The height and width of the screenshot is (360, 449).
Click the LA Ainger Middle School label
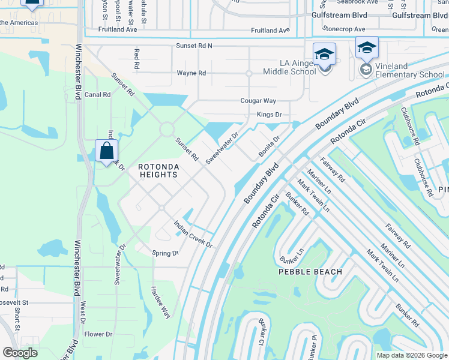289,67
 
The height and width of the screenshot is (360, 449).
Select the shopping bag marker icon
106,151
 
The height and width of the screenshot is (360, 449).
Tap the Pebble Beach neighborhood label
310,272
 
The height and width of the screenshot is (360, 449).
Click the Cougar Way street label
258,101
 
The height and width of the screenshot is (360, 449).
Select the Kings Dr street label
269,114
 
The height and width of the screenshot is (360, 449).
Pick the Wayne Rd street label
191,73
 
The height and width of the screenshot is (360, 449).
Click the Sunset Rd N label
194,46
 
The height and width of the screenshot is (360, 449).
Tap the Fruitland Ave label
270,30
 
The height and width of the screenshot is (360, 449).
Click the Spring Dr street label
165,253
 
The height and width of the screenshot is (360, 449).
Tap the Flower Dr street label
98,334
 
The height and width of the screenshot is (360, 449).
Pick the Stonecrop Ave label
343,29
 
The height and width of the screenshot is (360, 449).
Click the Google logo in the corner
19,353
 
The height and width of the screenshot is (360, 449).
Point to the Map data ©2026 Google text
411,355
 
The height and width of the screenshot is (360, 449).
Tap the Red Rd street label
137,59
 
